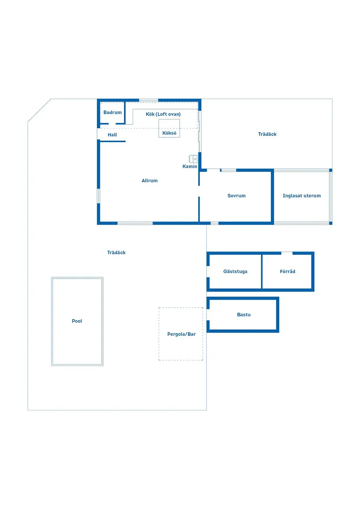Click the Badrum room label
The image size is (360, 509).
pos(113,113)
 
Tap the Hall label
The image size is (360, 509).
pos(113,135)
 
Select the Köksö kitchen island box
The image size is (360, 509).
pos(169,128)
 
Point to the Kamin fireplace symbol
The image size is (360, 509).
pos(193,159)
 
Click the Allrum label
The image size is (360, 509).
pos(150,181)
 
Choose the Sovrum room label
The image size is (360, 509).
pos(237,196)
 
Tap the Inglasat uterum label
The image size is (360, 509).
pos(302,196)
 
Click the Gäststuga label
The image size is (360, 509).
pos(235,271)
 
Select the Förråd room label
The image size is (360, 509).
pos(288,271)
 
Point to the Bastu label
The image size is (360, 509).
pos(243,314)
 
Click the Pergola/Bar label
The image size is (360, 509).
pos(181,334)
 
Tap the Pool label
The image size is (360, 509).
pos(77,321)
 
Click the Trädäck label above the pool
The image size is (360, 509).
pos(117,253)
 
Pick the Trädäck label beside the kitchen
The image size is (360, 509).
pos(267,134)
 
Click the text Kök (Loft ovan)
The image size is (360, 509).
pos(163,114)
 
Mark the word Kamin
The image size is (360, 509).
pos(190,167)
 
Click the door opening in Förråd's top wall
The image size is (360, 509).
pos(287,253)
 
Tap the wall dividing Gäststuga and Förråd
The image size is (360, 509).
pos(261,271)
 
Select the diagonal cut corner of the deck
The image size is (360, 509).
pos(39,110)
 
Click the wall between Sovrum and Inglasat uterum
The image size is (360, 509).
pos(272,196)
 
